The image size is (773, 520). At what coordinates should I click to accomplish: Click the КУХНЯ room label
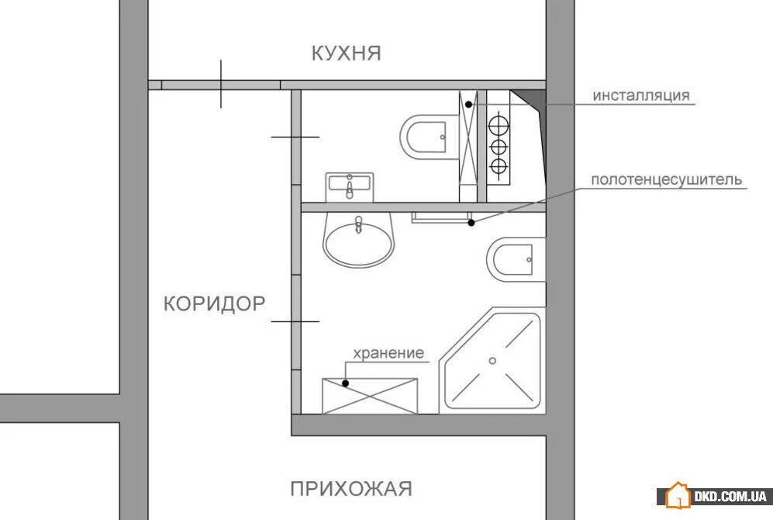(346, 54)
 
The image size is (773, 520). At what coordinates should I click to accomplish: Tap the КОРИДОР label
(215, 303)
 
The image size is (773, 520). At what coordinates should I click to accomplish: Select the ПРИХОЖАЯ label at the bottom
(351, 489)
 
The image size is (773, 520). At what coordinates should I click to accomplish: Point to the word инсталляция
(641, 96)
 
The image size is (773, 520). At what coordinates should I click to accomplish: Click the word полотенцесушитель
(667, 180)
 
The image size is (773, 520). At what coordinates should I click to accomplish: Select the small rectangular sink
(350, 186)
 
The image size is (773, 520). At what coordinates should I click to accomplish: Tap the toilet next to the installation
(428, 137)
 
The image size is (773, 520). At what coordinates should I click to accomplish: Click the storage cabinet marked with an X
(370, 395)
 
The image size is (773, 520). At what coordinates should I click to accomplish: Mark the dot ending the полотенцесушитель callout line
(471, 223)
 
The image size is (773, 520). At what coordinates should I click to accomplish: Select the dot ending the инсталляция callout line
(469, 103)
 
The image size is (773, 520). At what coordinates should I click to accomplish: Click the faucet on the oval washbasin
(358, 226)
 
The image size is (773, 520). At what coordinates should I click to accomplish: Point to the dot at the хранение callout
(346, 382)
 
